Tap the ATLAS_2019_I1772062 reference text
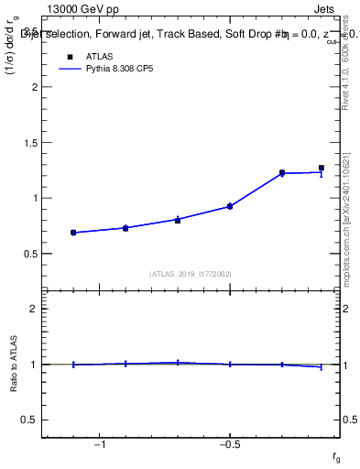click(x=191, y=274)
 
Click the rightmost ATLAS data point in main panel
click(x=321, y=169)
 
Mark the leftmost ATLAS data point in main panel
click(x=73, y=233)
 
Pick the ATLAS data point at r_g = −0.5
click(x=230, y=206)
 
